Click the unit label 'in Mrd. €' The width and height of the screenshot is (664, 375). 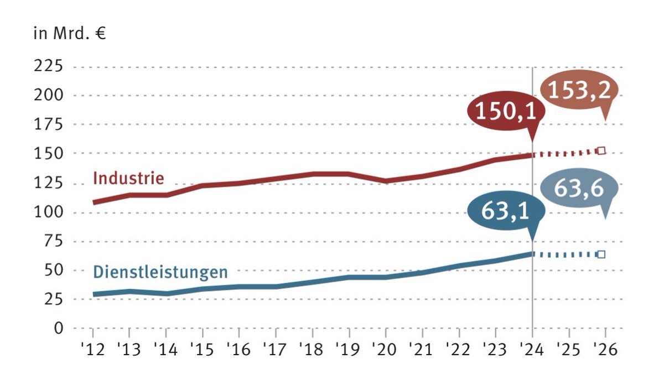point(69,34)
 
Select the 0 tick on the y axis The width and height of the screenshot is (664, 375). point(58,328)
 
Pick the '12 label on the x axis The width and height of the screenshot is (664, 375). point(92,350)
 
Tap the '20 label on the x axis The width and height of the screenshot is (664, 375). point(386,350)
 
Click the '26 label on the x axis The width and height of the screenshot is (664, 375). point(605,350)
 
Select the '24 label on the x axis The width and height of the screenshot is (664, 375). point(532,350)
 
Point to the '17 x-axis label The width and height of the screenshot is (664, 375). point(276,350)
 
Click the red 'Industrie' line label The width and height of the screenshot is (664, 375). point(128,179)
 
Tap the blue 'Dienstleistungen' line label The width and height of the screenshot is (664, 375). point(160,272)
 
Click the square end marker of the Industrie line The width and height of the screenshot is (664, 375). point(602,150)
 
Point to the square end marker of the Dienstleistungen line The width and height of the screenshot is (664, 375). point(602,254)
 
